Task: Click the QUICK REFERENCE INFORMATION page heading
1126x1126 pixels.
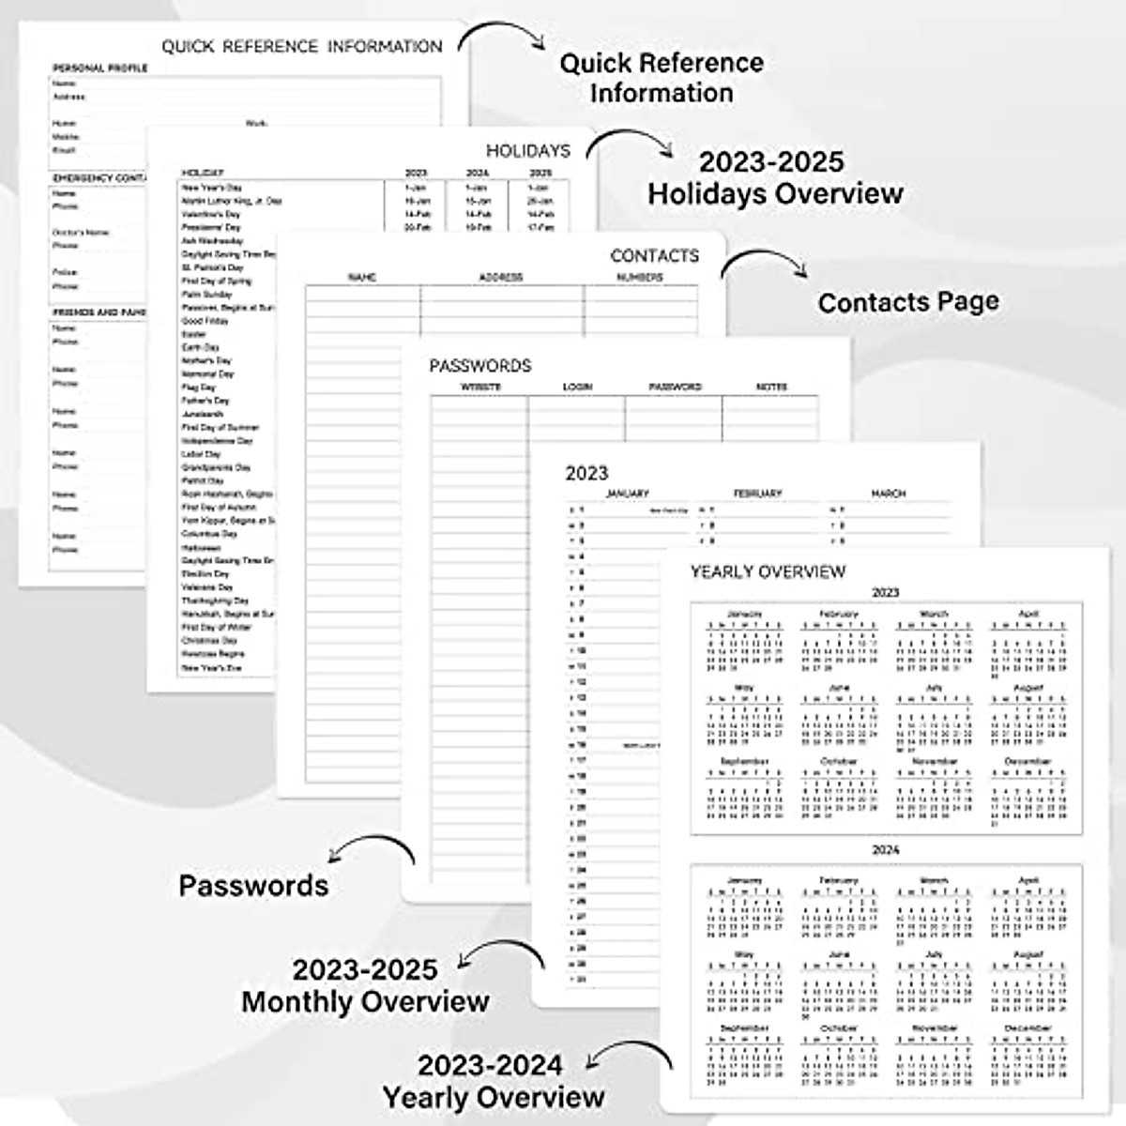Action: (x=301, y=47)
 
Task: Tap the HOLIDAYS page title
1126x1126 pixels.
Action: (x=527, y=150)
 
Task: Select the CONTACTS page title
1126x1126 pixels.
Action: (x=654, y=255)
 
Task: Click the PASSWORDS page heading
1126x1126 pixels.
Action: (x=480, y=366)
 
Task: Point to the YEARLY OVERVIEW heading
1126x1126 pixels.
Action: (x=768, y=571)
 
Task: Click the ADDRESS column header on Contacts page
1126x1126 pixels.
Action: (x=500, y=278)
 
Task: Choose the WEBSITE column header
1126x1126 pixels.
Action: (x=480, y=387)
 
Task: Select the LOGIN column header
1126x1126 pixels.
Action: (x=577, y=387)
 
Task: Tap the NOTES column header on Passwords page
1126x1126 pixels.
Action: (x=771, y=387)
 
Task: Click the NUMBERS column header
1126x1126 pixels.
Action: (x=639, y=278)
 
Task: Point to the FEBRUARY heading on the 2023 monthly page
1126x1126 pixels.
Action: (x=757, y=494)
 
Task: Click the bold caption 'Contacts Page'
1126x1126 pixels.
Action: (x=907, y=302)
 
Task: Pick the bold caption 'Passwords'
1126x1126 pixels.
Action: (x=253, y=886)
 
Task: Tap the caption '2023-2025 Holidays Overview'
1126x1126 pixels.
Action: (x=774, y=177)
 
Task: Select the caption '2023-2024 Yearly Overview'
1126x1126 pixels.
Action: (x=493, y=1081)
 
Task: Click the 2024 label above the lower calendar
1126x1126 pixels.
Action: (x=885, y=850)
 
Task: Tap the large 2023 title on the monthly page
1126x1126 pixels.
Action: (x=586, y=473)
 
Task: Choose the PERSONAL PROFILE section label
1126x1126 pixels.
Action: (x=99, y=68)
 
